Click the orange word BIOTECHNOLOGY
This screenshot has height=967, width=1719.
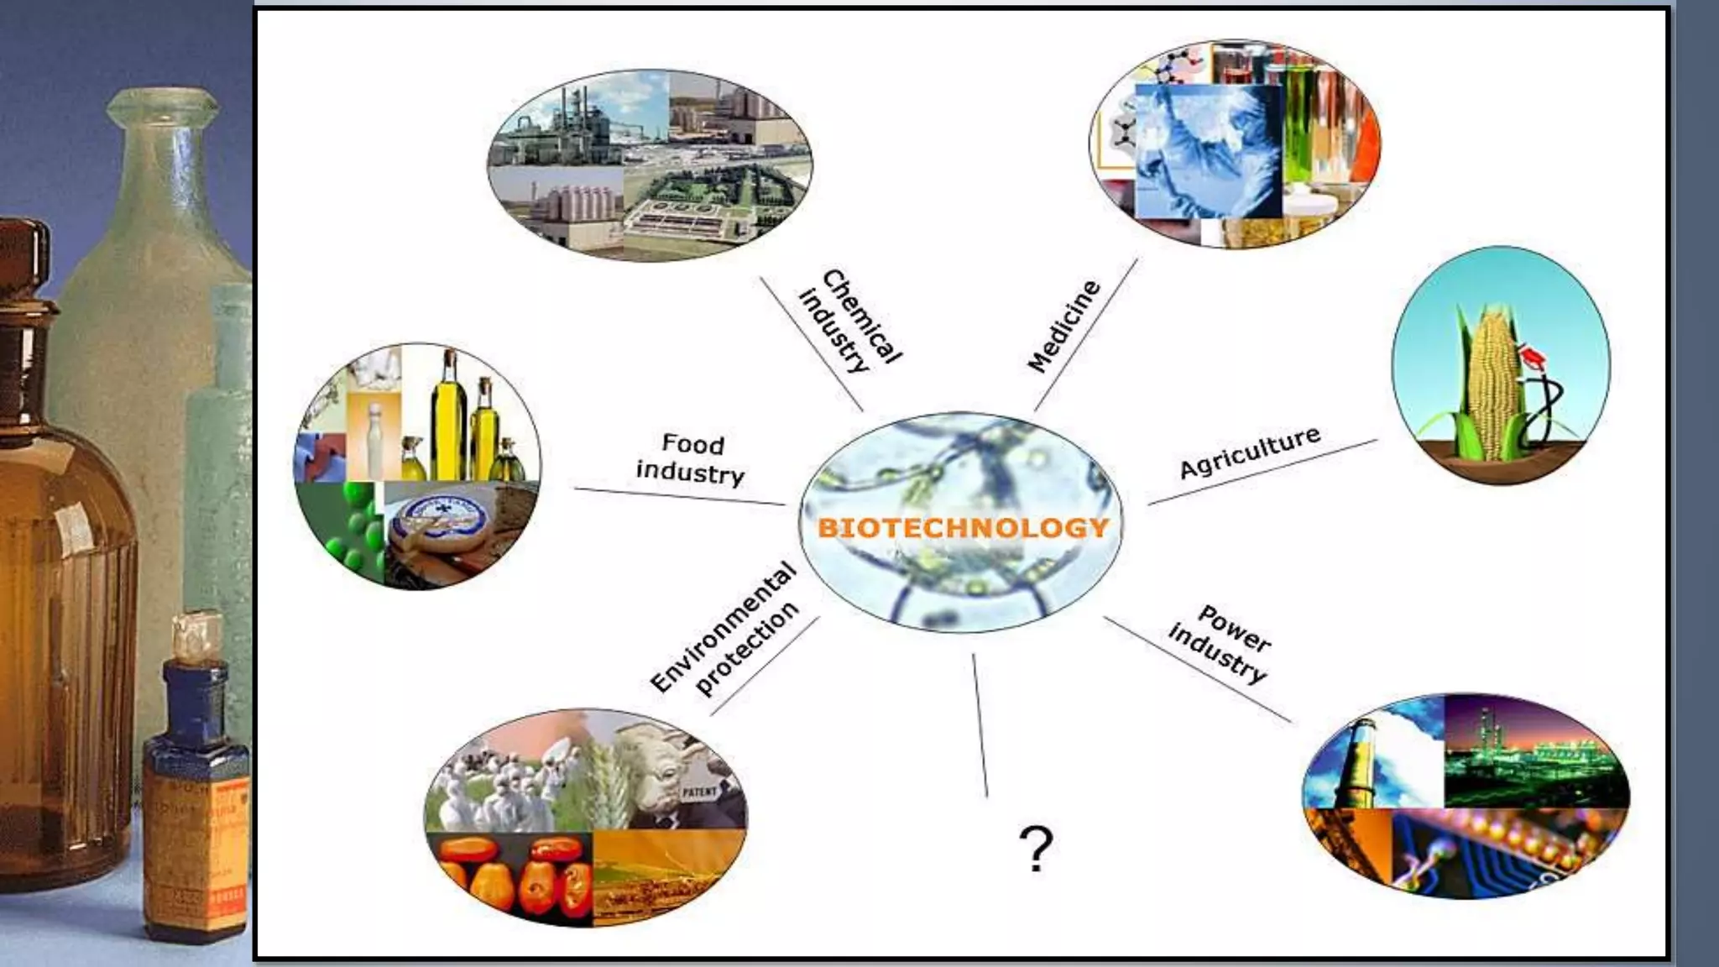pyautogui.click(x=963, y=528)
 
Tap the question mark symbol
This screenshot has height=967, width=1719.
pyautogui.click(x=1036, y=849)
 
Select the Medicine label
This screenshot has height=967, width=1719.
pyautogui.click(x=1063, y=327)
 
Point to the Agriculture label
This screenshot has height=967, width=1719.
pyautogui.click(x=1250, y=452)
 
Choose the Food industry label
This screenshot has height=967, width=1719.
pyautogui.click(x=691, y=458)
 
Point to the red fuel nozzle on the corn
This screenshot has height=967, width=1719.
pyautogui.click(x=1534, y=357)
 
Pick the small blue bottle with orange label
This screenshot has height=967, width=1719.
pyautogui.click(x=196, y=781)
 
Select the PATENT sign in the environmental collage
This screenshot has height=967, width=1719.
pyautogui.click(x=698, y=792)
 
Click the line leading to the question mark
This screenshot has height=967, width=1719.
pyautogui.click(x=980, y=725)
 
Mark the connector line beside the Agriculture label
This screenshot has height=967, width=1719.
pyautogui.click(x=1262, y=473)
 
